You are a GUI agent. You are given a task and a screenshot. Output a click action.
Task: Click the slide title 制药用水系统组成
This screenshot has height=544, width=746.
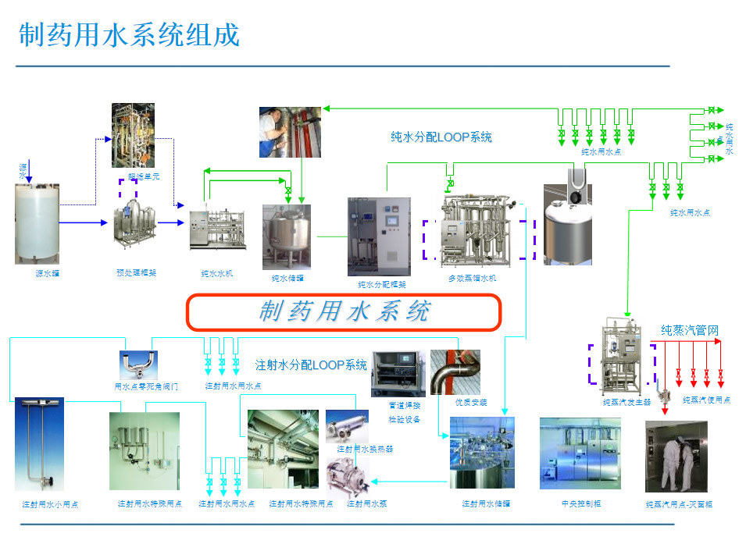coord(129,35)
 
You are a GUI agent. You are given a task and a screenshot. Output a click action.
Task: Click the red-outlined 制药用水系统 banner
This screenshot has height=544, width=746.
coord(343,311)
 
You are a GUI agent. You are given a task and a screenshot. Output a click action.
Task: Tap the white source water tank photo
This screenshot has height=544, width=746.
coord(37,223)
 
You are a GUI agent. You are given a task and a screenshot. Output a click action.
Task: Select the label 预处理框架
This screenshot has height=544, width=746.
coord(136,272)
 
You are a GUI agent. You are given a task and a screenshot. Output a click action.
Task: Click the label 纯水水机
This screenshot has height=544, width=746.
coord(216,273)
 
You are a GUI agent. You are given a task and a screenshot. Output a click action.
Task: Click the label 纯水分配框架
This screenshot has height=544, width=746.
coord(381,284)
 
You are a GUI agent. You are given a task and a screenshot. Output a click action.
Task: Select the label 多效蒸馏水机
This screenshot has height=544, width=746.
coord(472,278)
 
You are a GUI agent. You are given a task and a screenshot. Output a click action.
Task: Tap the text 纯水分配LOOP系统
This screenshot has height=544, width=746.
coord(441,137)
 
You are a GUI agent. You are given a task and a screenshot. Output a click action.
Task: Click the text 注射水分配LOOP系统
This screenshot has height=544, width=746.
coord(311,364)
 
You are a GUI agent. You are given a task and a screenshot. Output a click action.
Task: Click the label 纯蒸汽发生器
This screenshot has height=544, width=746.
coord(626,403)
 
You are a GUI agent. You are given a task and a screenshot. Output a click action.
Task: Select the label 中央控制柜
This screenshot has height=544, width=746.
coord(580,503)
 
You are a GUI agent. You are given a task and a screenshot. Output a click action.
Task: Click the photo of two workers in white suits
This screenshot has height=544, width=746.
coord(676,457)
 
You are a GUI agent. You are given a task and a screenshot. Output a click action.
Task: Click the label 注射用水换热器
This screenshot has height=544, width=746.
coord(365,449)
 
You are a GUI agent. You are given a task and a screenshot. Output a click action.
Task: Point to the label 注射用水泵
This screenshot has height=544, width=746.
coord(366,503)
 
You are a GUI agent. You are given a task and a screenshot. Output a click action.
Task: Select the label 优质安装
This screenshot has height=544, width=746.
coord(471,402)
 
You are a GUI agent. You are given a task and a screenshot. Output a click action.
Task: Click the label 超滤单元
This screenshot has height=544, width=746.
coord(144,177)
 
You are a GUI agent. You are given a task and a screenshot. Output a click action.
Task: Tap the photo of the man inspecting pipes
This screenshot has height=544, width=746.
coord(290,132)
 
